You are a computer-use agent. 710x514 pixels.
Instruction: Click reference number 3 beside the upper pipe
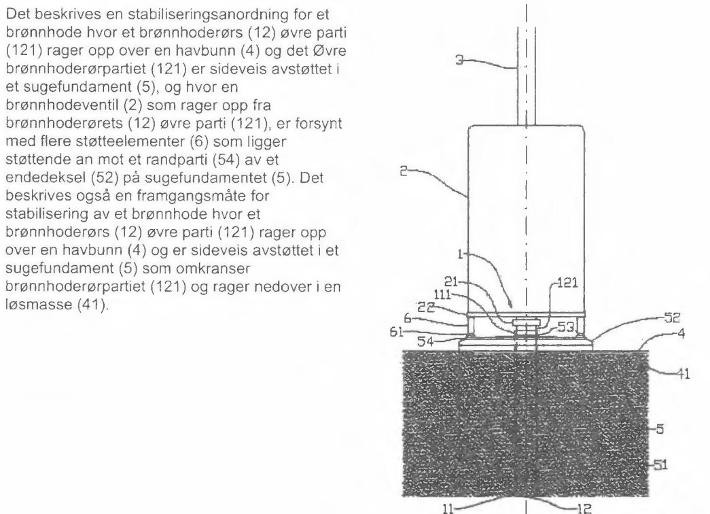pos(459,61)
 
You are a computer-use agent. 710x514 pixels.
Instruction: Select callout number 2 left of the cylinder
pos(404,171)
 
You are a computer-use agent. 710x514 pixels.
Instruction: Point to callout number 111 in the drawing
pos(442,295)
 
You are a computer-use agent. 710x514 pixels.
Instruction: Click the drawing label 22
pos(426,308)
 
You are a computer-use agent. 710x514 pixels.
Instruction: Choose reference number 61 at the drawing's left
pos(396,332)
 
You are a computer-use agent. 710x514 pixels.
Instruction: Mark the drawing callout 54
pos(425,342)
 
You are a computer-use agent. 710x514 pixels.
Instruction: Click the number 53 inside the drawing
pos(565,327)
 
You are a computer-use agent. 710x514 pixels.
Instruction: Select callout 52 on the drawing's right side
pos(672,318)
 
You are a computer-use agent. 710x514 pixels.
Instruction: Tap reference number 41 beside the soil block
pos(684,375)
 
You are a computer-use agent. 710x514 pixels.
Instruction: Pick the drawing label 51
pos(660,465)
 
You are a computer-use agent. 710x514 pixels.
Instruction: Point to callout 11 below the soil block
pos(448,509)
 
